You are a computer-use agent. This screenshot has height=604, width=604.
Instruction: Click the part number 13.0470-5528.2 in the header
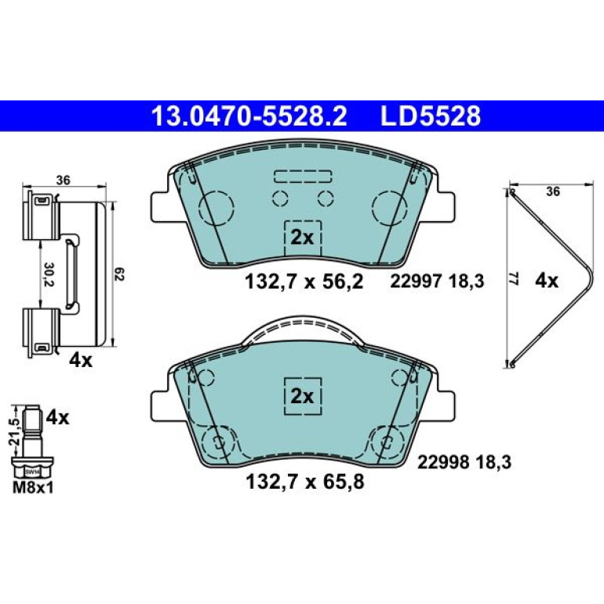[x=249, y=116]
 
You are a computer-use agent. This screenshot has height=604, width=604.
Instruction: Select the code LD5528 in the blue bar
[x=431, y=116]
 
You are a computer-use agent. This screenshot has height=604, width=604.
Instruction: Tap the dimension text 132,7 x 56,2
[x=304, y=282]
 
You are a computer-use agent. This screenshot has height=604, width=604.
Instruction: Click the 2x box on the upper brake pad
[x=302, y=238]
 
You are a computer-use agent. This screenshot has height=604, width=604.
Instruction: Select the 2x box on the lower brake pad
[x=302, y=396]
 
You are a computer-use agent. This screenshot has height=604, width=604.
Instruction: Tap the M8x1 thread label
[x=33, y=488]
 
